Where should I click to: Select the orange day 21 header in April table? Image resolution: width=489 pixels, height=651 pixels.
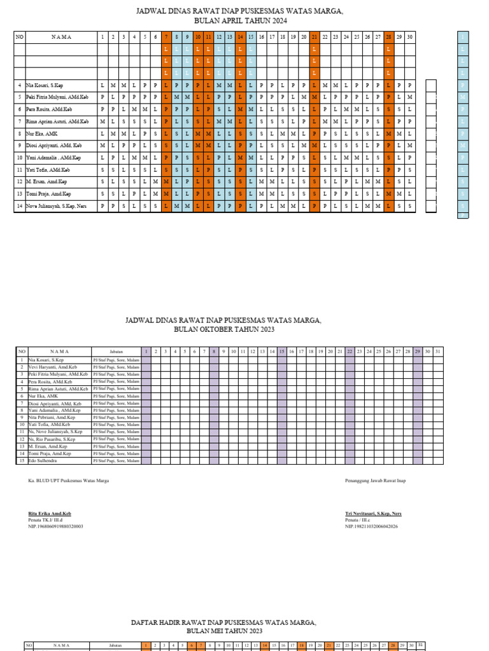pos(314,38)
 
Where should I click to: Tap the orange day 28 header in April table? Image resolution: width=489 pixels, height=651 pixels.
pos(388,38)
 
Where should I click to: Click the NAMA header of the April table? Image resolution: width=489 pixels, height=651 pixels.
pos(62,38)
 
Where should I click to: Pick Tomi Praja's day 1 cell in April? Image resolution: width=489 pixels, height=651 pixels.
pos(103,194)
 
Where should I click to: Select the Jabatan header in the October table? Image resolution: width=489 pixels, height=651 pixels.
pos(115,351)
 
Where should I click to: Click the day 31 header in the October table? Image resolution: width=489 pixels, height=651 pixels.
pos(437,351)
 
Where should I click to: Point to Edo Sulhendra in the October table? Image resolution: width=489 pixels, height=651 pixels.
pos(43,460)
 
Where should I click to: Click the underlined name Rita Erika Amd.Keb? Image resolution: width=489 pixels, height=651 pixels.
pos(50,513)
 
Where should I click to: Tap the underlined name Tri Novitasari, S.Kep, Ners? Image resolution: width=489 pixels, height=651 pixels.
pos(373,513)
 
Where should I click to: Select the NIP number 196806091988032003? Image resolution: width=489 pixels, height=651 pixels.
pos(55,526)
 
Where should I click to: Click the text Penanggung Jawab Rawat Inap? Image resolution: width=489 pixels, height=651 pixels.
pos(375,481)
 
